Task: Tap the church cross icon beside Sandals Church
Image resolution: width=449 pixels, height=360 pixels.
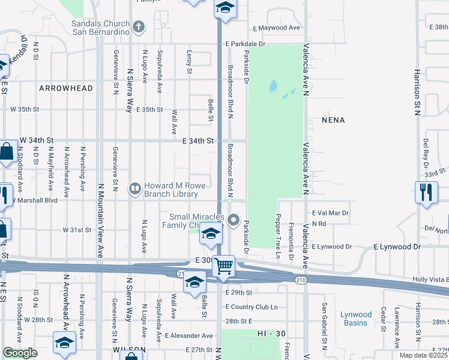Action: pos(139,26)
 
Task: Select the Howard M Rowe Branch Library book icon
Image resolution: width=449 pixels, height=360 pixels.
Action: pos(135,190)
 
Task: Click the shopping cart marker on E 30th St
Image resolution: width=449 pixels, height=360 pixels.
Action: pos(224,265)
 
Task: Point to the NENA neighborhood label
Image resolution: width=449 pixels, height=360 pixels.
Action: pos(333,120)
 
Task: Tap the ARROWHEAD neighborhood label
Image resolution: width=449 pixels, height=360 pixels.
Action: pos(66,88)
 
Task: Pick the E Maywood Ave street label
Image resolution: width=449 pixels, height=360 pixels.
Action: pos(276,28)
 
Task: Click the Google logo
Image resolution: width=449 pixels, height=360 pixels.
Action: pos(20,353)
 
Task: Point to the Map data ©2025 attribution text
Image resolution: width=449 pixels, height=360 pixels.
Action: pos(424,355)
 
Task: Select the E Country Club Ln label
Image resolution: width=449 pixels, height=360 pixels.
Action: pos(252,307)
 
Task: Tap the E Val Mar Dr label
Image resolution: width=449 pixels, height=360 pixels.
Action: pos(330,213)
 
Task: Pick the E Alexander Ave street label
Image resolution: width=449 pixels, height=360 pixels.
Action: pos(189,335)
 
